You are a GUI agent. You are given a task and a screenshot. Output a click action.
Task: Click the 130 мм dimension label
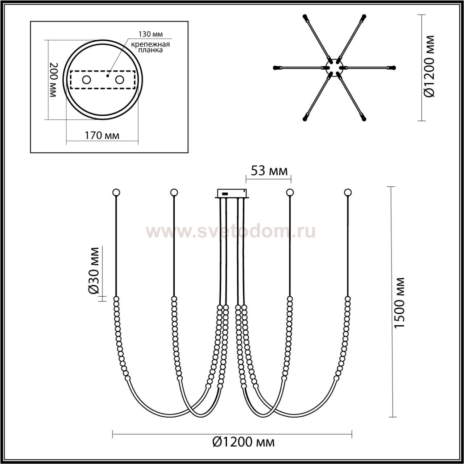(x=150, y=34)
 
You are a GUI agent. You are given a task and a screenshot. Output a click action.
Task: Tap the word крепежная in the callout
(x=150, y=45)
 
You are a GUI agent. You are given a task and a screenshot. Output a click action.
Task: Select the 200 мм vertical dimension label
(x=53, y=80)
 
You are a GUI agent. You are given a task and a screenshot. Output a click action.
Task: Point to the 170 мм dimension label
(x=102, y=136)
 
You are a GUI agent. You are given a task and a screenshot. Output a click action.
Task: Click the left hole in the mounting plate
(x=86, y=80)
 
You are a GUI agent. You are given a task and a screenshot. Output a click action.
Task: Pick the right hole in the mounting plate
(x=119, y=80)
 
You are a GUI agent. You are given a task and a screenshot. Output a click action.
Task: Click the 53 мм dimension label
(x=269, y=171)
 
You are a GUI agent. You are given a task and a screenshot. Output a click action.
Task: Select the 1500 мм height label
(x=400, y=303)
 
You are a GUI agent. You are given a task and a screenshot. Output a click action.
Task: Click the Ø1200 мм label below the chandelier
(x=244, y=442)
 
